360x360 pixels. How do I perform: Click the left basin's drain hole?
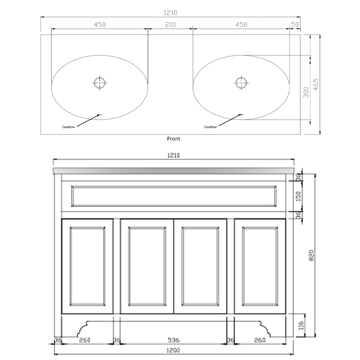click(x=99, y=83)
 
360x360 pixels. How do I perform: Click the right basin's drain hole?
click(x=241, y=82)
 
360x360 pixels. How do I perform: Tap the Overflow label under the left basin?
click(x=68, y=127)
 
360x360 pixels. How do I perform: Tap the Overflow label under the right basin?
click(x=210, y=127)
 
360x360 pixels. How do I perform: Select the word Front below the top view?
click(x=174, y=139)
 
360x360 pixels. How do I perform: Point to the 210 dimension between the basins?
click(x=170, y=25)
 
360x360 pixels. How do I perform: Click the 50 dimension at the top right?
click(x=295, y=25)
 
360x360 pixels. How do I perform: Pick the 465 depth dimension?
click(x=316, y=85)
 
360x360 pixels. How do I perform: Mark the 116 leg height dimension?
click(x=302, y=326)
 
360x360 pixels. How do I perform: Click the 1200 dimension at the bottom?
click(x=174, y=350)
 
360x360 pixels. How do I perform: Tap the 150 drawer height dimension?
click(x=298, y=196)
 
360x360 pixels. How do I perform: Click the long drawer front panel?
click(x=174, y=196)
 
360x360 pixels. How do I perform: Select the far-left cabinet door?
click(x=88, y=266)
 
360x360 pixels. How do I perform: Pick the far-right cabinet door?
click(x=260, y=266)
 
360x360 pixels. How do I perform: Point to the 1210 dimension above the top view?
click(x=171, y=13)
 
